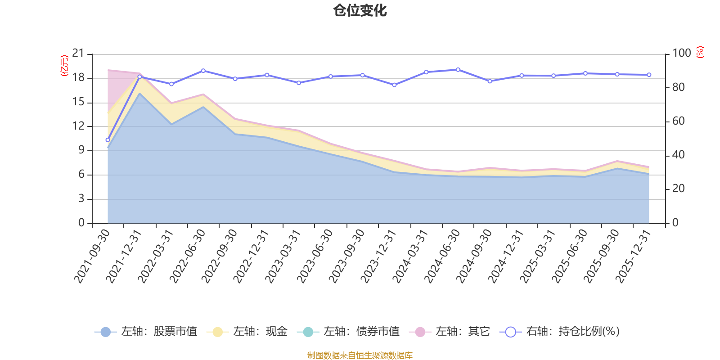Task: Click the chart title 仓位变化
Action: (360, 10)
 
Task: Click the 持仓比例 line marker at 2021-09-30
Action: (108, 140)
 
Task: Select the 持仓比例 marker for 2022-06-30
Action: (203, 71)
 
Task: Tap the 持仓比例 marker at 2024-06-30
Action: (458, 70)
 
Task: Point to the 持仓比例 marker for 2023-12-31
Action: (394, 85)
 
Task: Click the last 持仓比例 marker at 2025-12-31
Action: (649, 75)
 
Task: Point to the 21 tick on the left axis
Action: (78, 54)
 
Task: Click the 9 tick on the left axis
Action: (81, 150)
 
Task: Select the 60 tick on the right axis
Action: (678, 121)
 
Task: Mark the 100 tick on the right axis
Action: (681, 53)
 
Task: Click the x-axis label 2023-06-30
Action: (315, 256)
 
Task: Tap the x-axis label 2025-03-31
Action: (538, 256)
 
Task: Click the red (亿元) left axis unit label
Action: (64, 66)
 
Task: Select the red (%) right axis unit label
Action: (700, 52)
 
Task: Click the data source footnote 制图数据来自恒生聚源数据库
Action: (360, 355)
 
